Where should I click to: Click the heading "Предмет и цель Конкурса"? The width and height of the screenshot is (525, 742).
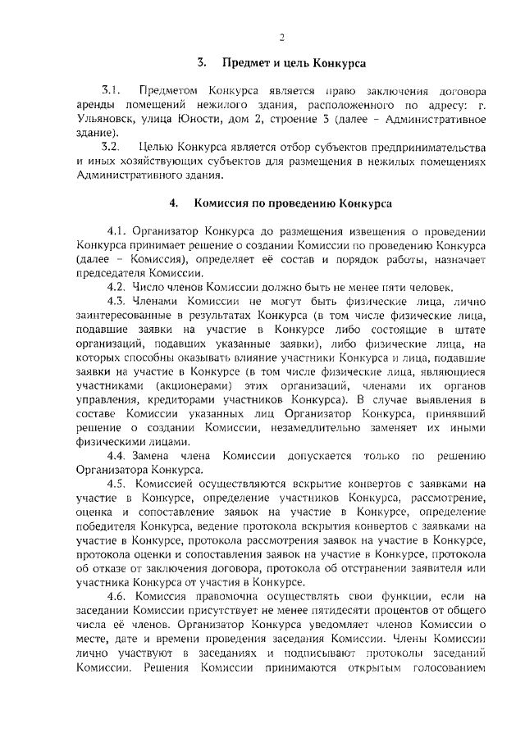[x=293, y=62]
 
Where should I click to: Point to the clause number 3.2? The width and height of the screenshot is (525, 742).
[x=112, y=147]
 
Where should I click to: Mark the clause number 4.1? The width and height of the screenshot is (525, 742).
[x=117, y=231]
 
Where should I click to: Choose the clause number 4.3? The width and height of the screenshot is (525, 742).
[x=117, y=303]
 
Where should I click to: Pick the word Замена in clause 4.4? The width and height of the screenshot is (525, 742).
[x=157, y=456]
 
